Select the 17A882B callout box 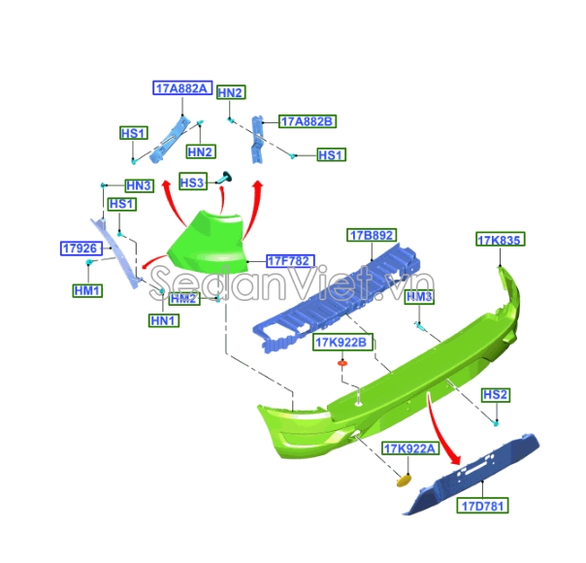pos(307,121)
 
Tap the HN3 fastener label pos(139,185)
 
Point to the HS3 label pos(192,182)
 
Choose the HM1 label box pos(87,290)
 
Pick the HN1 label pos(164,319)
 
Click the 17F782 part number pos(289,260)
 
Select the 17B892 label pos(372,236)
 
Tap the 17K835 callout pos(500,240)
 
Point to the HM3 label pos(419,296)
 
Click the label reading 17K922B pos(341,342)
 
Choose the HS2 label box pos(496,395)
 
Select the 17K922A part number pos(410,448)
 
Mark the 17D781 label pos(484,506)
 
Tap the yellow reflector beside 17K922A pos(405,477)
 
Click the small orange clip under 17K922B pos(342,363)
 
